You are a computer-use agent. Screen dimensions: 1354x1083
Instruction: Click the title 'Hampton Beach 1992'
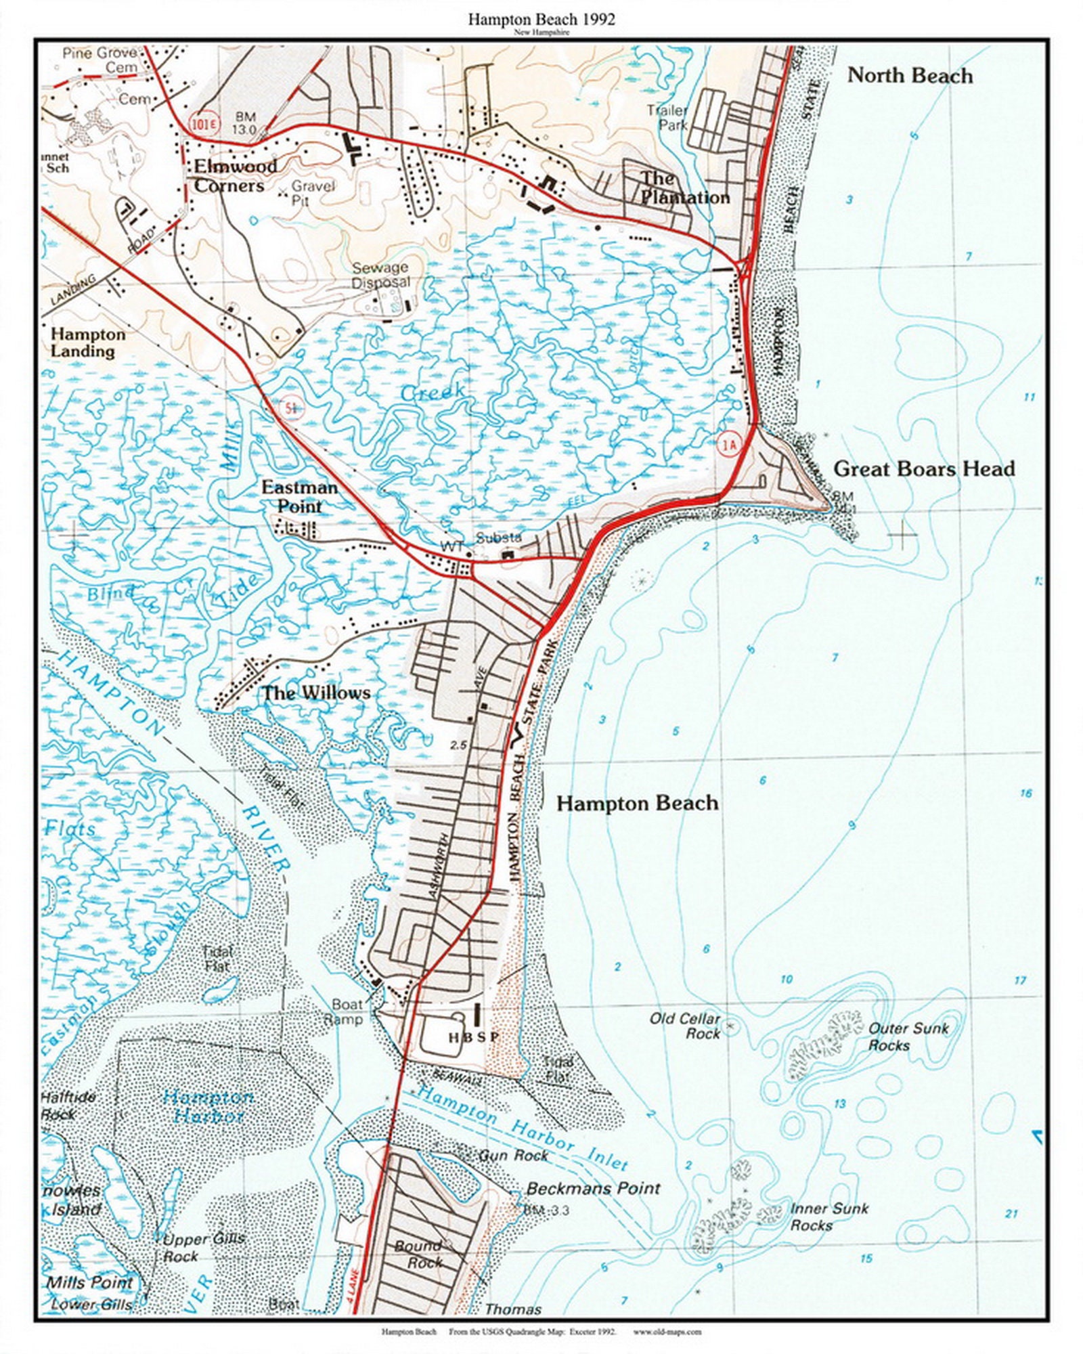click(x=541, y=20)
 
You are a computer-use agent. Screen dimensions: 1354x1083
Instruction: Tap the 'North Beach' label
click(x=910, y=76)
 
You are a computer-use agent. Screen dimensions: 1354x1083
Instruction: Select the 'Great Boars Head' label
click(x=923, y=468)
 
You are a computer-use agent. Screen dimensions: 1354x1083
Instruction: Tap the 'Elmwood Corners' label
click(x=235, y=176)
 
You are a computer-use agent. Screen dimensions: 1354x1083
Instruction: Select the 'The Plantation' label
click(x=684, y=188)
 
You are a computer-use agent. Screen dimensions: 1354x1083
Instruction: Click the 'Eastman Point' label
click(x=299, y=497)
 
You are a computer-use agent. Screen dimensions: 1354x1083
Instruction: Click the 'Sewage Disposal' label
click(x=380, y=275)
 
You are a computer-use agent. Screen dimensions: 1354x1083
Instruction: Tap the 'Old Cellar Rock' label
click(x=685, y=1026)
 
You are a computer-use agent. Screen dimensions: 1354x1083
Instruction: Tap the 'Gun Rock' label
click(x=512, y=1156)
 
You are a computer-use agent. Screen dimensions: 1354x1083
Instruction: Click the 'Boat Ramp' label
click(x=347, y=1012)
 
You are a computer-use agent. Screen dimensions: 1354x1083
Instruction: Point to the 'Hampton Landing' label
click(x=88, y=343)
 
